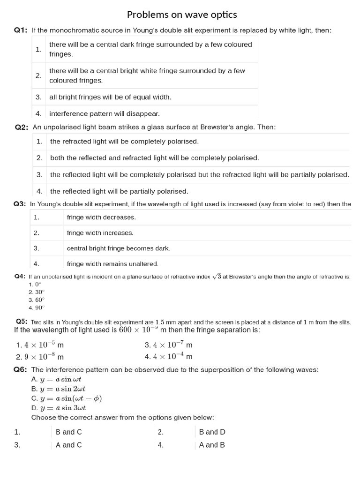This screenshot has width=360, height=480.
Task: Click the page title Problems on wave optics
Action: (182, 15)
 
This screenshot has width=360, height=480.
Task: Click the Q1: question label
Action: (21, 30)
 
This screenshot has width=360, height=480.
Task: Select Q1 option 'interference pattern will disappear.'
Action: (104, 113)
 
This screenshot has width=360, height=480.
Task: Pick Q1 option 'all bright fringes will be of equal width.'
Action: (110, 97)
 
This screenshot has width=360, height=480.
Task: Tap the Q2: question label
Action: (22, 127)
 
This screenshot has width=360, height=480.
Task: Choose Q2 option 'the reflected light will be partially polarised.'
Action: (119, 191)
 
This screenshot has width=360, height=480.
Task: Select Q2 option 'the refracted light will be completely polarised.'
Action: (124, 141)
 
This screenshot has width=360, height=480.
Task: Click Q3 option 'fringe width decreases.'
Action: (101, 217)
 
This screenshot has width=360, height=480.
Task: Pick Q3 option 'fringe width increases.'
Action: (100, 233)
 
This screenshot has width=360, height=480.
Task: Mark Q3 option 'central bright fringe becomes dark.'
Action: (119, 248)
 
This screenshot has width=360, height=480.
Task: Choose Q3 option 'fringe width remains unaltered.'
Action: (112, 264)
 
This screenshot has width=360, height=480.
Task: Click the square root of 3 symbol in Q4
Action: (216, 277)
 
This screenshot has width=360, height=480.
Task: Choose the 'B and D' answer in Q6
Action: (212, 432)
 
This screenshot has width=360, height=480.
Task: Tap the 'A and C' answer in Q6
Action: (68, 445)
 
